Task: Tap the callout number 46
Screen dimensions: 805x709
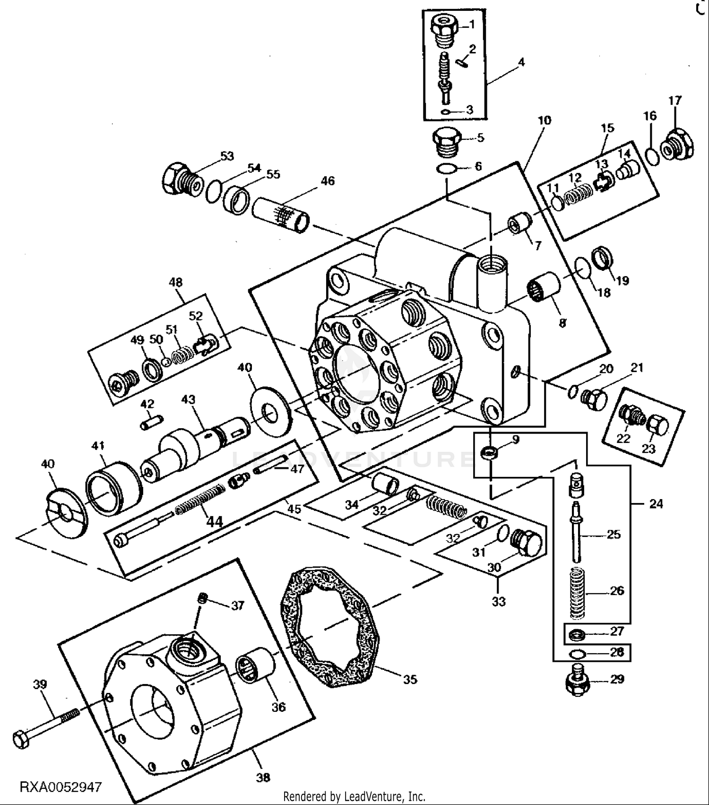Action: [x=328, y=181]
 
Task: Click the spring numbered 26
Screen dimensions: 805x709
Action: [x=577, y=594]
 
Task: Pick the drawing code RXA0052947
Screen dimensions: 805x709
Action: [x=61, y=787]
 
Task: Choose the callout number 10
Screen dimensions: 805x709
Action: [x=544, y=121]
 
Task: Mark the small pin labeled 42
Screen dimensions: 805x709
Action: [x=152, y=422]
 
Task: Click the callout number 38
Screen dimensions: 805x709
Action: [x=263, y=777]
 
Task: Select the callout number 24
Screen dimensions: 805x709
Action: [x=656, y=504]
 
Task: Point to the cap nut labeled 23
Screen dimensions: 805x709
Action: [x=657, y=425]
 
